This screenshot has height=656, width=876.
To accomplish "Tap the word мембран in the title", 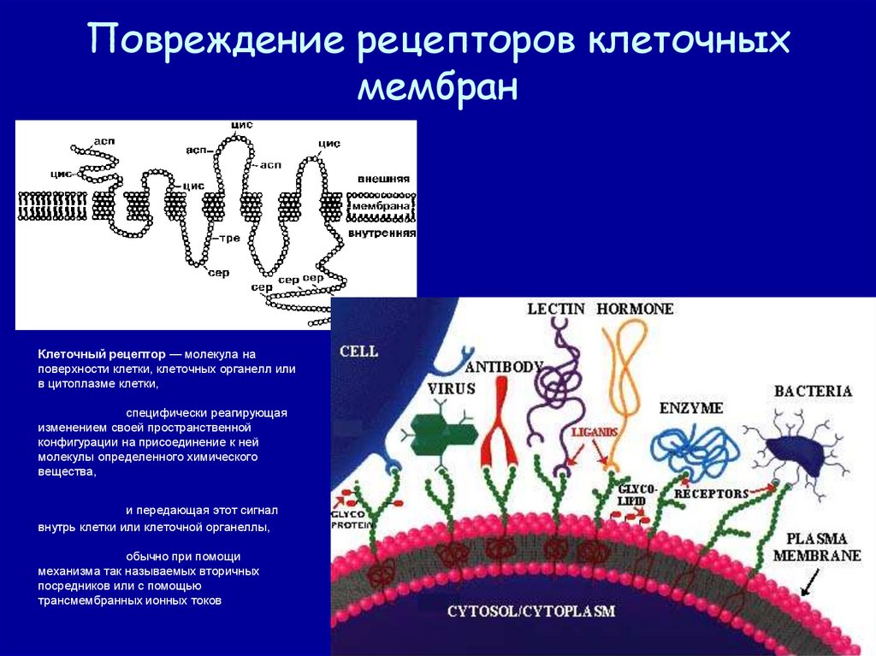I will click(x=438, y=88).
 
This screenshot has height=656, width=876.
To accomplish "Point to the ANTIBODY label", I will click(x=505, y=367).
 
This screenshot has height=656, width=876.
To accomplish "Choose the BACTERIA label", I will click(x=813, y=392).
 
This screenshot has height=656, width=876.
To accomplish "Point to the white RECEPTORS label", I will click(x=711, y=493).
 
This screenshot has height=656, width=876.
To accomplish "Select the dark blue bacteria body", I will click(x=792, y=451).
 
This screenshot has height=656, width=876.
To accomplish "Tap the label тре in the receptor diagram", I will click(x=230, y=239).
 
